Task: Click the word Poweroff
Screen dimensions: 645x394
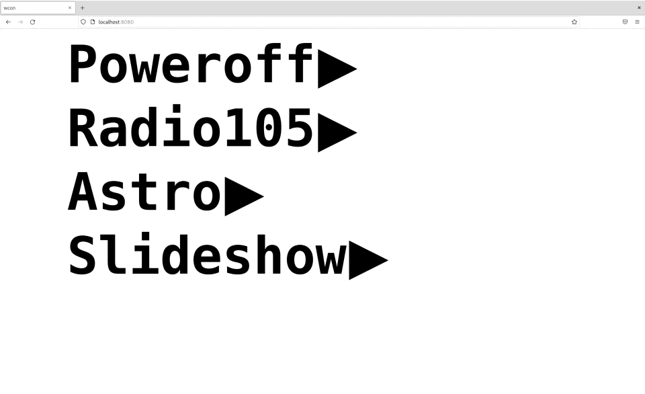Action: pos(191,65)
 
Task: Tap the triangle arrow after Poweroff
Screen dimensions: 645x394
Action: pos(336,67)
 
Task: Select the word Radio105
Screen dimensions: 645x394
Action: pos(191,128)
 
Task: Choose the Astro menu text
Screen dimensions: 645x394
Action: pos(144,193)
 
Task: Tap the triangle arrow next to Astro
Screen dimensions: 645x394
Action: pos(243,195)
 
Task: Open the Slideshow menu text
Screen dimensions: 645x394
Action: pos(207,257)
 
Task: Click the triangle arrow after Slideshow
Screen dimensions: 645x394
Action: pos(368,259)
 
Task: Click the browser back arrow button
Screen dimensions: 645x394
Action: pos(8,22)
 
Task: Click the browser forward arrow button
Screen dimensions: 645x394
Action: pos(20,22)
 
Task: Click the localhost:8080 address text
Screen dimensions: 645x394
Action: pos(116,22)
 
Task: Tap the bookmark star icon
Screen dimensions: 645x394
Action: pos(574,22)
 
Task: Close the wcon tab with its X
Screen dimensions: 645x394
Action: pos(70,8)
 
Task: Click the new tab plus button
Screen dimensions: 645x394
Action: pos(83,8)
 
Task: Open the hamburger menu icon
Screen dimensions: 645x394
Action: pos(637,22)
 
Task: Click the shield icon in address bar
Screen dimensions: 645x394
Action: pos(83,22)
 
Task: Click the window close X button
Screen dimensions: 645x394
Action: pos(639,7)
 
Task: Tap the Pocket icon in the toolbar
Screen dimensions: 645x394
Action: pos(625,22)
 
